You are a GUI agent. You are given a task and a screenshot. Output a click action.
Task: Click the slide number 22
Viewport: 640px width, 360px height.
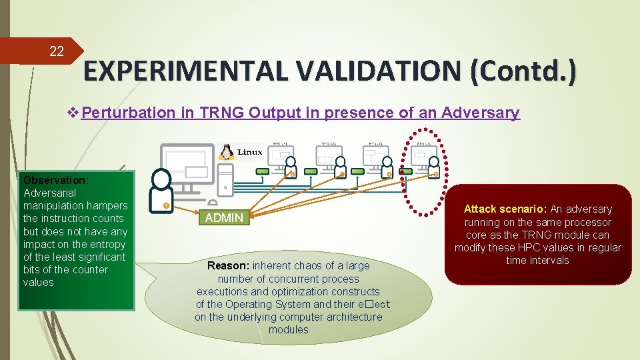[x=57, y=51]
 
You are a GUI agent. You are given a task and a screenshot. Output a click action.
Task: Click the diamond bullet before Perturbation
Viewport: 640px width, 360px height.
[x=73, y=113]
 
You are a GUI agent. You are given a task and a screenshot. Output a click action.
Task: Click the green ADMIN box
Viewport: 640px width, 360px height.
[x=224, y=217]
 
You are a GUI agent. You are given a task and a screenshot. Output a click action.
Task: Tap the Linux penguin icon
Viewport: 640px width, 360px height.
[x=227, y=152]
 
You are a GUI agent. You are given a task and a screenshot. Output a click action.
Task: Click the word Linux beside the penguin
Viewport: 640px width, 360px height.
[x=250, y=152]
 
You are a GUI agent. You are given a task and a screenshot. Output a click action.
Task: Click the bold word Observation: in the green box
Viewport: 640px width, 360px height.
[x=56, y=180]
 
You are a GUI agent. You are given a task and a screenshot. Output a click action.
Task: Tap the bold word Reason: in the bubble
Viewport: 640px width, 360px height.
[x=229, y=265]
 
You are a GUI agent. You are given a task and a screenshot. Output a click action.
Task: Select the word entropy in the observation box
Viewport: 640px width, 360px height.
[x=109, y=244]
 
